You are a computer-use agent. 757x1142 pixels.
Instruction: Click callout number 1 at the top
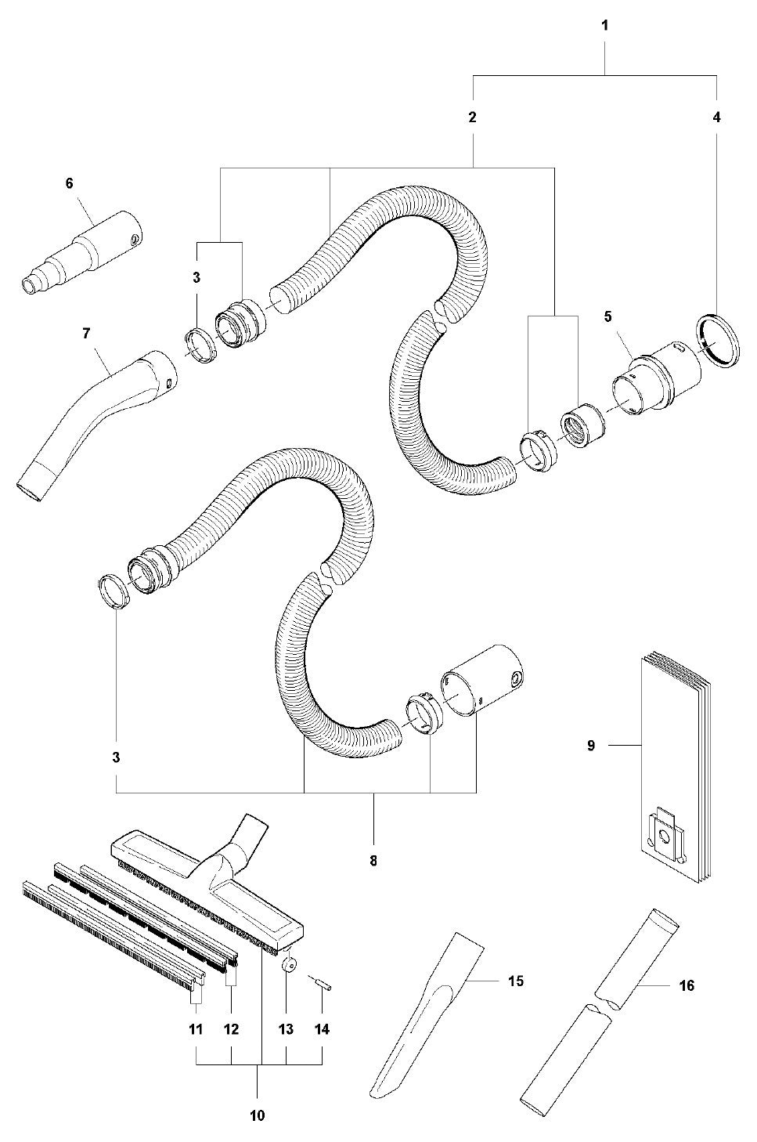(604, 26)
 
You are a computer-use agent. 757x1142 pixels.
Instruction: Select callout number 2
(472, 118)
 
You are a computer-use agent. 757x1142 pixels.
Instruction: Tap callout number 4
(716, 118)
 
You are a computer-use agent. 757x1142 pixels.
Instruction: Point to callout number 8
(373, 861)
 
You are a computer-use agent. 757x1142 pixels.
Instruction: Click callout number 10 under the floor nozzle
(258, 1115)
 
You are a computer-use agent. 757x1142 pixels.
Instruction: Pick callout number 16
(687, 986)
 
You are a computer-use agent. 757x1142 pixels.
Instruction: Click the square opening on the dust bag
(664, 839)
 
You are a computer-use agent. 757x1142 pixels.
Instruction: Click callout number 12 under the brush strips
(231, 1029)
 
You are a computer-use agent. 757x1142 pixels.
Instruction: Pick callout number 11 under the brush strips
(196, 1029)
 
